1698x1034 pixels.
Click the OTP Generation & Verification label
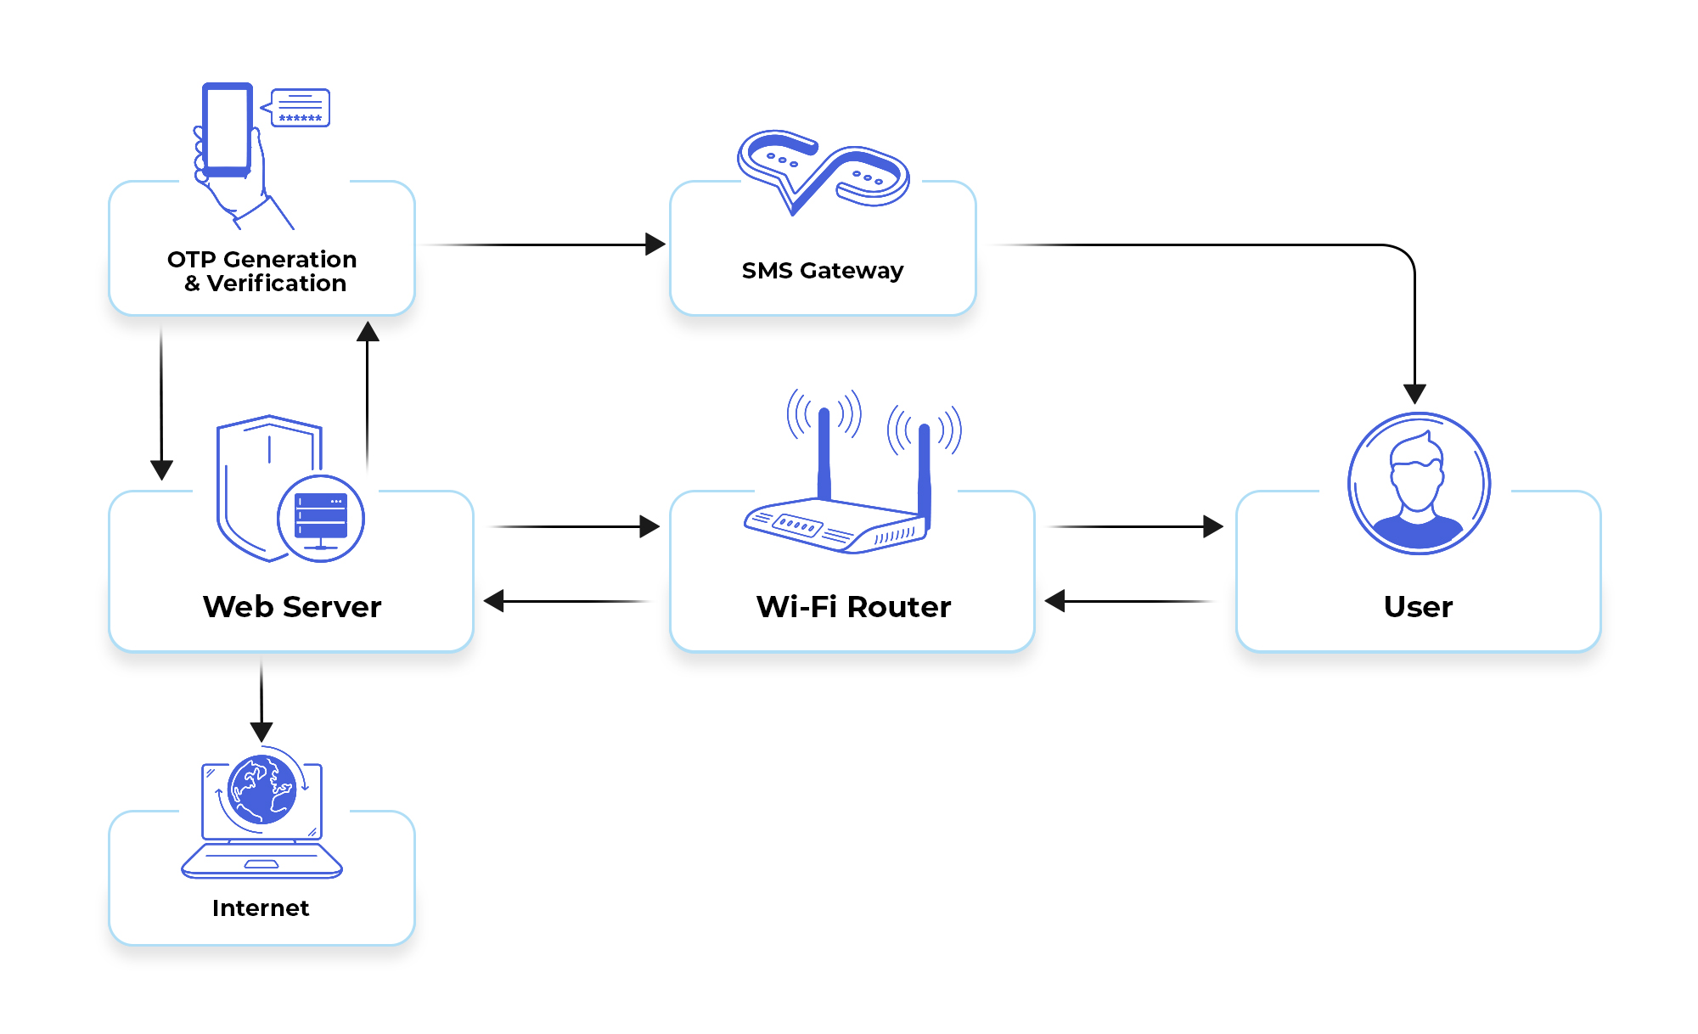pyautogui.click(x=261, y=271)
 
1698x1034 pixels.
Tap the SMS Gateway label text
pyautogui.click(x=822, y=270)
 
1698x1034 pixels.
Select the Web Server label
pyautogui.click(x=291, y=606)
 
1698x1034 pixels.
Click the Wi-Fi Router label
pyautogui.click(x=852, y=606)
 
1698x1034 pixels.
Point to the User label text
pyautogui.click(x=1417, y=606)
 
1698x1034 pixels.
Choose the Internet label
pyautogui.click(x=261, y=908)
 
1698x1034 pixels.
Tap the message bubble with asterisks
pyautogui.click(x=301, y=108)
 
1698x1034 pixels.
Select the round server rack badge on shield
pyautogui.click(x=321, y=518)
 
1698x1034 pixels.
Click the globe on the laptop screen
pyautogui.click(x=261, y=790)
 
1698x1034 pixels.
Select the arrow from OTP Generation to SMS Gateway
pyautogui.click(x=543, y=244)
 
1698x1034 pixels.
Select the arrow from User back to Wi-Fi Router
pyautogui.click(x=1129, y=601)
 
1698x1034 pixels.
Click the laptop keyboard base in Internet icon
pyautogui.click(x=261, y=861)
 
